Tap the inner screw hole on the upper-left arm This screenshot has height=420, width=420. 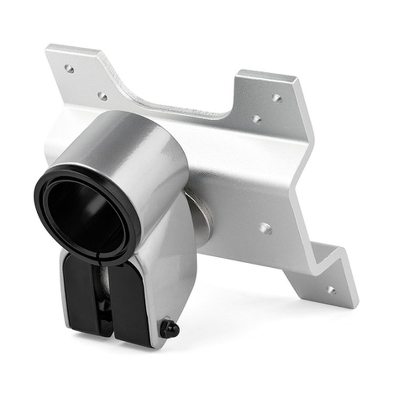pos(102,97)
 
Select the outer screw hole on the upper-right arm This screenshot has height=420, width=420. pos(277,98)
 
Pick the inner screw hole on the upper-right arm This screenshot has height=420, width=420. pos(256,119)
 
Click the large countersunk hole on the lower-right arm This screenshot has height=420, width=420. pos(266,228)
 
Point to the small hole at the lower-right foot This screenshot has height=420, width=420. pos(331,289)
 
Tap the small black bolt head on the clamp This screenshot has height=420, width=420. pos(170,329)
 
